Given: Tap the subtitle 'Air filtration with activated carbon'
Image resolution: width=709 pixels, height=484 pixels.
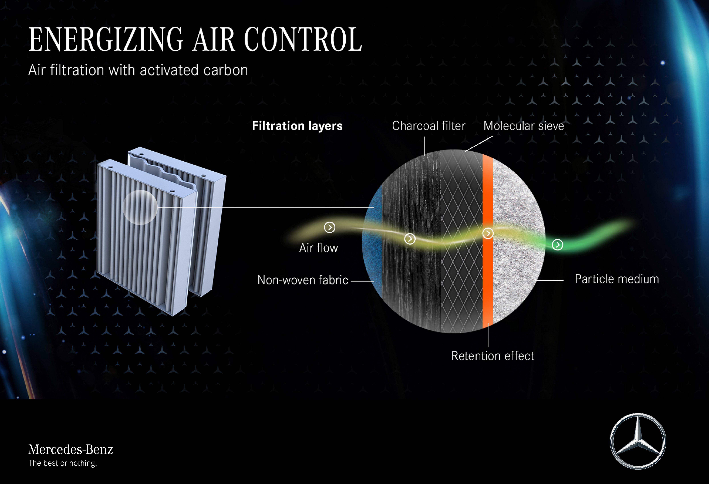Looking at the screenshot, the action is [x=138, y=70].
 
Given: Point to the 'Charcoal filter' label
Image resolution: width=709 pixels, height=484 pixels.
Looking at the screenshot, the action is [x=429, y=126].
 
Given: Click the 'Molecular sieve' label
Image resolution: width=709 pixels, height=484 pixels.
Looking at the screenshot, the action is [x=523, y=126].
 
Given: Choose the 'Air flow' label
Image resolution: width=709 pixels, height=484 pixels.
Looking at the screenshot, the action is [x=319, y=248].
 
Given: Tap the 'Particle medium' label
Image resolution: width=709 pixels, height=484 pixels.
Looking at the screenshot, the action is [x=617, y=279].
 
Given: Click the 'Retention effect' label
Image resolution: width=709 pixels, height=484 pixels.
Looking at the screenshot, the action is [x=493, y=356].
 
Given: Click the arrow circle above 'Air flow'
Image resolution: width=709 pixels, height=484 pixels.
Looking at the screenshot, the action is [x=329, y=227].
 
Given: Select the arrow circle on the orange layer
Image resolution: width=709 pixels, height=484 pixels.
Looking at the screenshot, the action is [x=488, y=233].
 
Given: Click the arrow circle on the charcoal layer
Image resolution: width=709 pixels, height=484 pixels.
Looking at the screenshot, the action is [x=410, y=239].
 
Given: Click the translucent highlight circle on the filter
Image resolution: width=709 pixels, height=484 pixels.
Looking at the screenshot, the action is [x=140, y=207].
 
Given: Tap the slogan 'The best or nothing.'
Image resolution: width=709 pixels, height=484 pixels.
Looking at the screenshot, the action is [x=63, y=463].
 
